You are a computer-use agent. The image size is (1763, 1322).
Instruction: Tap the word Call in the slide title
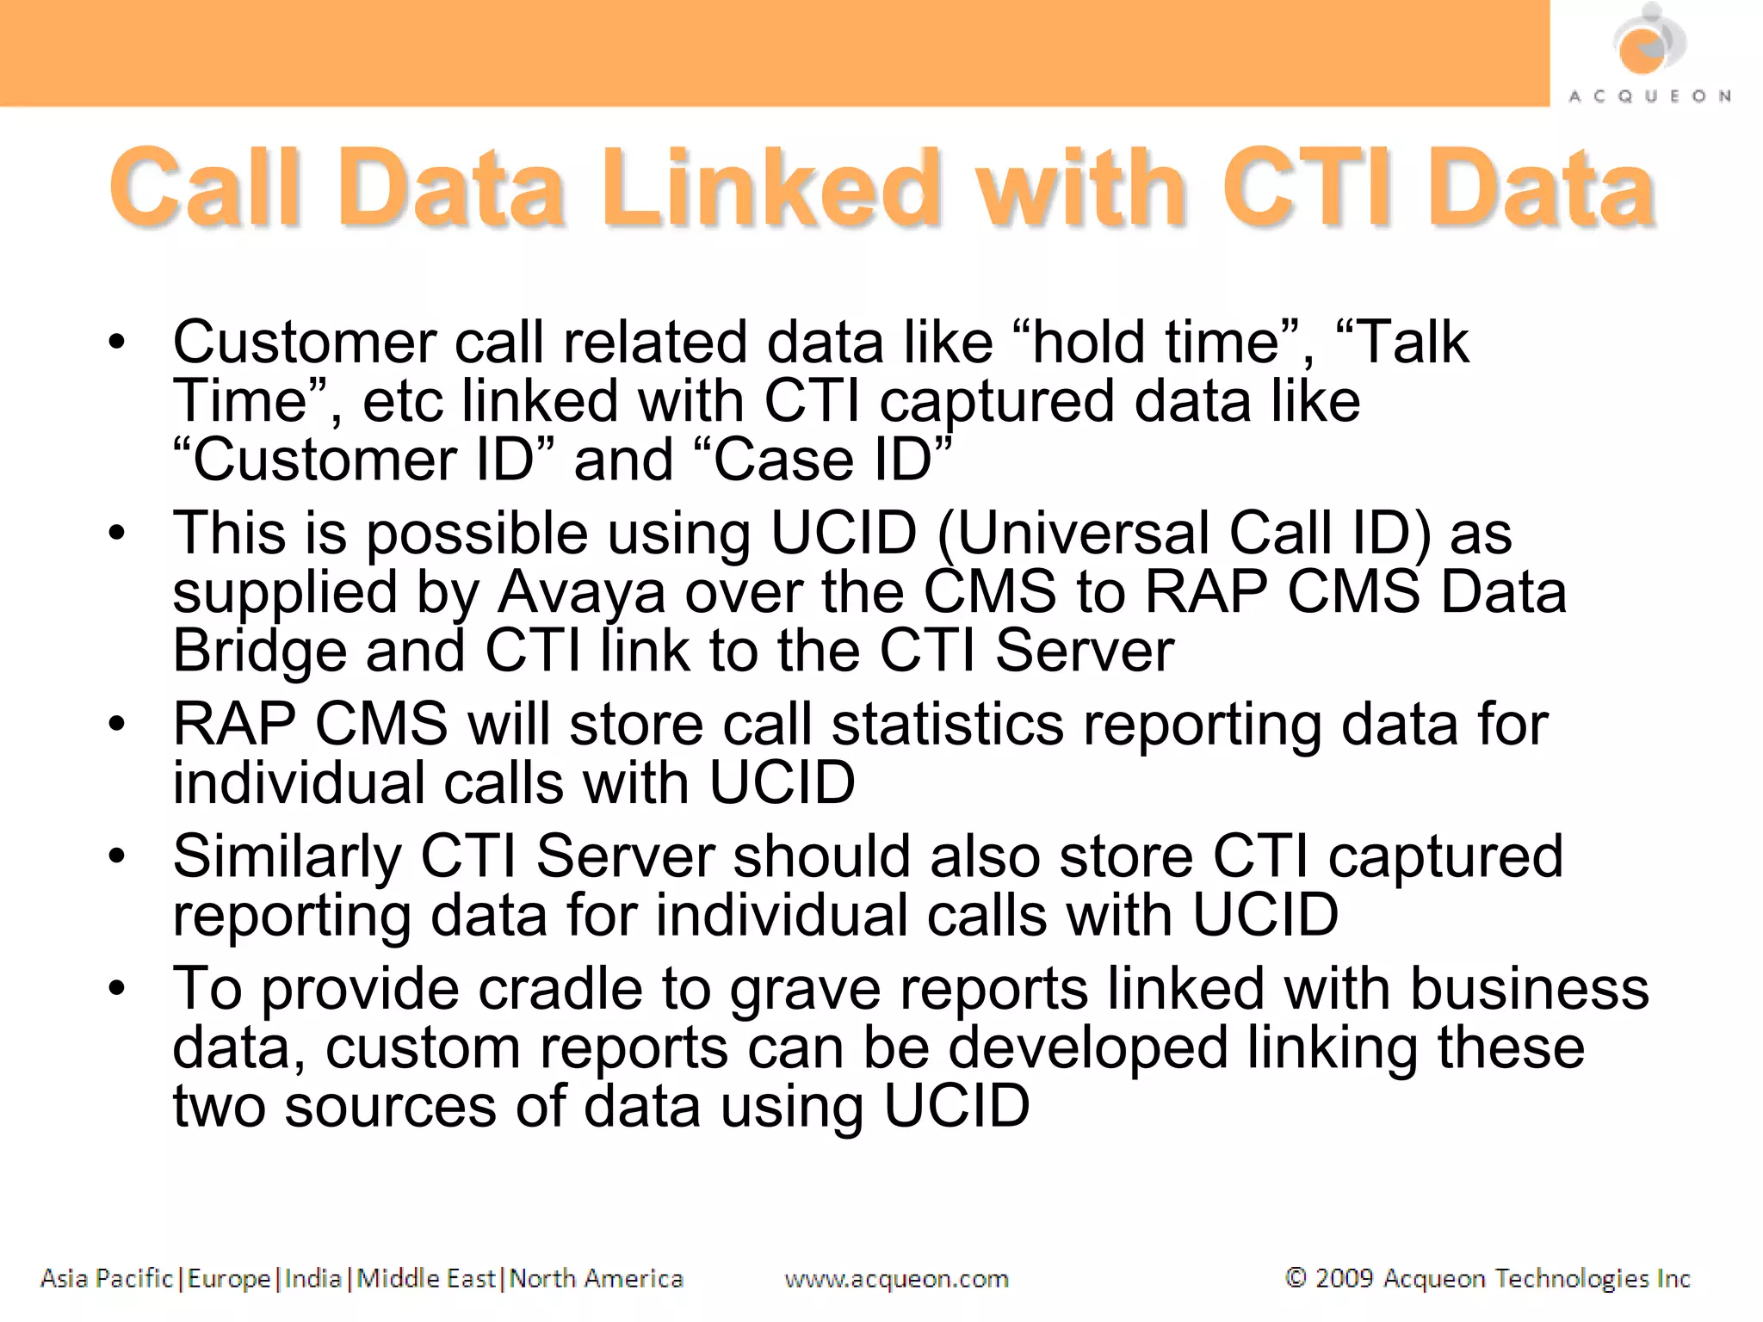205,188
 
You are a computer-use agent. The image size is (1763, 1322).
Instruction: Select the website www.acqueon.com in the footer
896,1279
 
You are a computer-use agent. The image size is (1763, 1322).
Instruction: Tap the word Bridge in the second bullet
259,652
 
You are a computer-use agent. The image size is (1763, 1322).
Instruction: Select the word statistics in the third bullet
947,725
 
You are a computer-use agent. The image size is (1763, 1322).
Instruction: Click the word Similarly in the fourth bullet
287,857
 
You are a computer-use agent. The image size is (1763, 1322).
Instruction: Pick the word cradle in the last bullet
560,989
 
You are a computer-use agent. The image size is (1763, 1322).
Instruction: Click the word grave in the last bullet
805,991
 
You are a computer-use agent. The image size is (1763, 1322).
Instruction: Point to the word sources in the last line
390,1107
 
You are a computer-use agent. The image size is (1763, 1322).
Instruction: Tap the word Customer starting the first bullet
304,343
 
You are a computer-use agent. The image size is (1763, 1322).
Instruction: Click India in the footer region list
312,1278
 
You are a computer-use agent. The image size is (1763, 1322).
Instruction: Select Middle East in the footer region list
426,1278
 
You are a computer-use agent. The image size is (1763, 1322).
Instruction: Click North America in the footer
596,1278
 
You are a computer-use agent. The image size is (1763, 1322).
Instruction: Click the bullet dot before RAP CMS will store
117,724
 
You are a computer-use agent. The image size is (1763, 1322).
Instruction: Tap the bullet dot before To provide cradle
117,988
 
